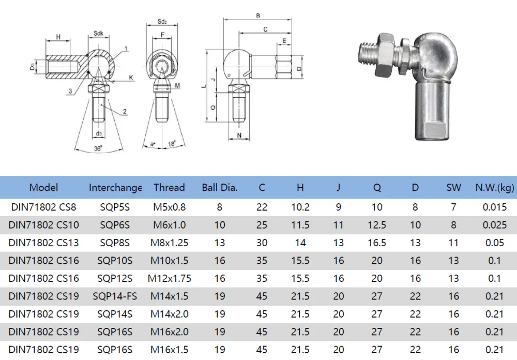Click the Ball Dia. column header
point(220,187)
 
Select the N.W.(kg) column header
point(494,187)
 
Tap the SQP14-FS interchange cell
point(115,296)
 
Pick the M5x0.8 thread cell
point(169,207)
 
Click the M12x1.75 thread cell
point(169,278)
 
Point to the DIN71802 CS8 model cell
point(43,207)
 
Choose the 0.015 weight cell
point(494,207)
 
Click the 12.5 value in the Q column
point(377,224)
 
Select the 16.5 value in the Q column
point(377,243)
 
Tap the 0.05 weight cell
point(494,243)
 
